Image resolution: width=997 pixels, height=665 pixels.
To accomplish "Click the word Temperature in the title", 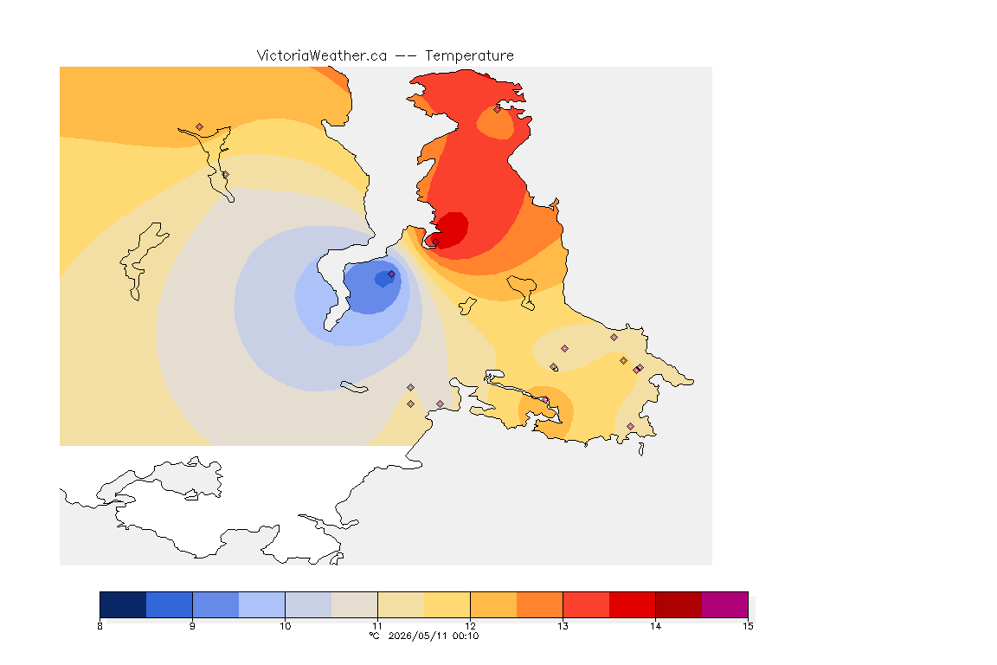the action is point(469,56).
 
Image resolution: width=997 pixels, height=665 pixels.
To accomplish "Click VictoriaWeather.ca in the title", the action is point(322,56).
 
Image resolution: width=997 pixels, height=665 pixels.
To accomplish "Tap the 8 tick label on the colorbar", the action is point(100,626).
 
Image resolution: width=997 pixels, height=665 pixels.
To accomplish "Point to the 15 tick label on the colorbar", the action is point(748,626).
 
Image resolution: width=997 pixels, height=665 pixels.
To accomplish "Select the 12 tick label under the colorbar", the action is point(470,626).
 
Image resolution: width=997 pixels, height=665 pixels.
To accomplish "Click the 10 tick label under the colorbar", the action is point(285,626).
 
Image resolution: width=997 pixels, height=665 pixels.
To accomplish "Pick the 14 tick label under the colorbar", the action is point(655,626).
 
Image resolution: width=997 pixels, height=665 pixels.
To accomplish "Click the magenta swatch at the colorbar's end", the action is point(725,604).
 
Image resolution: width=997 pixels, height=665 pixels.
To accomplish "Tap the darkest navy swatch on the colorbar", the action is point(124,604).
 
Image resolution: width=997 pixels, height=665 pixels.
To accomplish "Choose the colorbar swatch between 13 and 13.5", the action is point(586,604).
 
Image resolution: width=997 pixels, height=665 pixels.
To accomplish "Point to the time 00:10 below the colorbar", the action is point(466,636).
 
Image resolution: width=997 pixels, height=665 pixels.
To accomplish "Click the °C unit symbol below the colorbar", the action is point(375,636).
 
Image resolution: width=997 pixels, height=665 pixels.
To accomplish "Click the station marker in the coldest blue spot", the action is point(392,274).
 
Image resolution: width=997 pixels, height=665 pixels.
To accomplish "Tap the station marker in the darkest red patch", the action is point(435,242).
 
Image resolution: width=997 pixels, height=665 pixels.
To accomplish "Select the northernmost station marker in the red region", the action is point(498,109).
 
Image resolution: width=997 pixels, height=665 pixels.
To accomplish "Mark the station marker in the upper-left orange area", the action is point(200,127).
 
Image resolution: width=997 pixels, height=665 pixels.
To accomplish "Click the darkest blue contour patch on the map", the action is point(384,278).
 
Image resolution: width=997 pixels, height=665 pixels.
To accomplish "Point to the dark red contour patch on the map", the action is point(451,229).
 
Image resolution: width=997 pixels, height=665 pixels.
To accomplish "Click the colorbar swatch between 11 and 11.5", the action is point(402,604).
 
